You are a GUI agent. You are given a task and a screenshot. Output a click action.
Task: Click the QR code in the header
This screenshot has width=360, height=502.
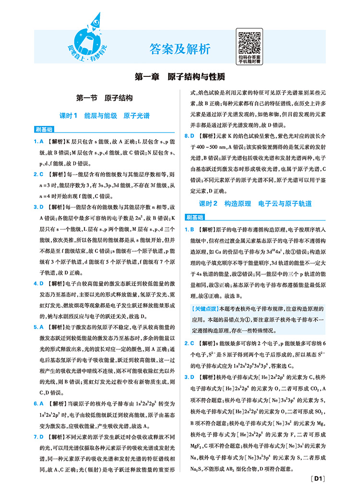(x=249, y=42)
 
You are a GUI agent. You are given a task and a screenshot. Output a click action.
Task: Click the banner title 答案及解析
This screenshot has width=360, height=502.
(x=180, y=49)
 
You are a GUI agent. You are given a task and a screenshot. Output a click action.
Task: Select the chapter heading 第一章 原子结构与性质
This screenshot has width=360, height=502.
(x=180, y=77)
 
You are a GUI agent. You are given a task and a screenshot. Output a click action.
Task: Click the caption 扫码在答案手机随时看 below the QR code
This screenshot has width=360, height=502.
(x=249, y=59)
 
